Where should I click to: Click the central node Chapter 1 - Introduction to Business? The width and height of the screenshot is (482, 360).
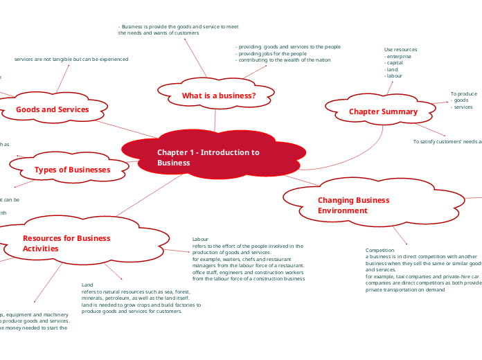coord(208,157)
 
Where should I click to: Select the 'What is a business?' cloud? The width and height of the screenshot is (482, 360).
coord(218,96)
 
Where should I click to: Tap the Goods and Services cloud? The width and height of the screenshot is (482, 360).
coord(53,109)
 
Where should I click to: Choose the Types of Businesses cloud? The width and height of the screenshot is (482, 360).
coord(72,170)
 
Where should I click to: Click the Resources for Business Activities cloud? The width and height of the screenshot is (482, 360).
coord(66,243)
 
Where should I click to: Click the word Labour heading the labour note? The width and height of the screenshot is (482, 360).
coord(200,240)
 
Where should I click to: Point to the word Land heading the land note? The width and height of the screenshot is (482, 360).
coord(87,285)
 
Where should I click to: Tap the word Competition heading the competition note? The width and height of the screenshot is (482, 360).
coord(380,250)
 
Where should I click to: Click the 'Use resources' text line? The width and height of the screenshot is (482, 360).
coord(400,50)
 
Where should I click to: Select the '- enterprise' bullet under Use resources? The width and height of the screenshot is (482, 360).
coord(399,56)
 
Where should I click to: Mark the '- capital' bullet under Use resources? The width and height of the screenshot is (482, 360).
coord(395,63)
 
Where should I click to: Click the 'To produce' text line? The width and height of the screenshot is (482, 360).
coord(463,93)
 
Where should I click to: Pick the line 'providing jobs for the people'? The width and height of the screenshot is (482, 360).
coord(271,53)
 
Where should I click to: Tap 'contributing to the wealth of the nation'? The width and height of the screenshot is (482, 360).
coord(283,60)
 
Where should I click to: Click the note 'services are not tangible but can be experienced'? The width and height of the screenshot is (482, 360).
coord(71,60)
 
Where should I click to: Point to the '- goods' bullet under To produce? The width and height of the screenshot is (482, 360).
coord(459,100)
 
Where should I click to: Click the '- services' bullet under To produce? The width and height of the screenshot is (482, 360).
coord(461,107)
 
